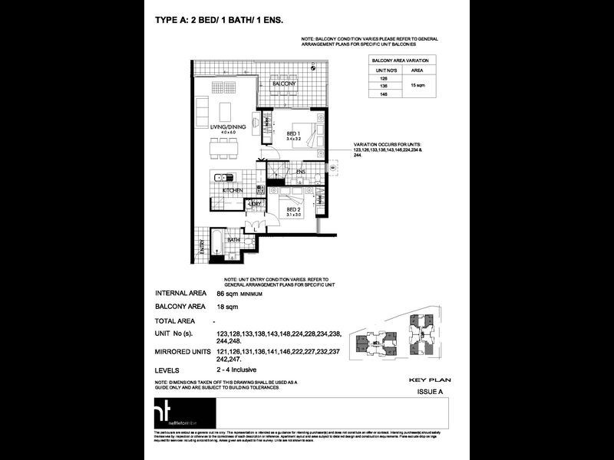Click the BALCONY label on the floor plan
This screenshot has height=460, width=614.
tap(284, 83)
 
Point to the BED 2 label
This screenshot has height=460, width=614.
tap(293, 209)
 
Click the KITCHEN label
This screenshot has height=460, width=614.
tap(233, 189)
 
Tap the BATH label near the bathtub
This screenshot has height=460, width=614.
tap(233, 239)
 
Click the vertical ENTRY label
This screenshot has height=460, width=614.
tap(202, 247)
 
